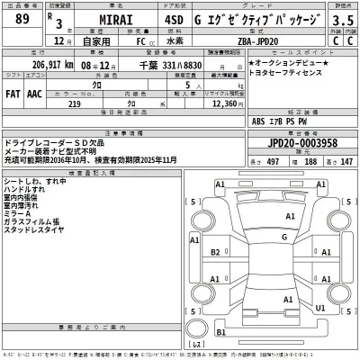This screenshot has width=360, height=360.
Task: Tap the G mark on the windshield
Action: coord(284,238)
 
